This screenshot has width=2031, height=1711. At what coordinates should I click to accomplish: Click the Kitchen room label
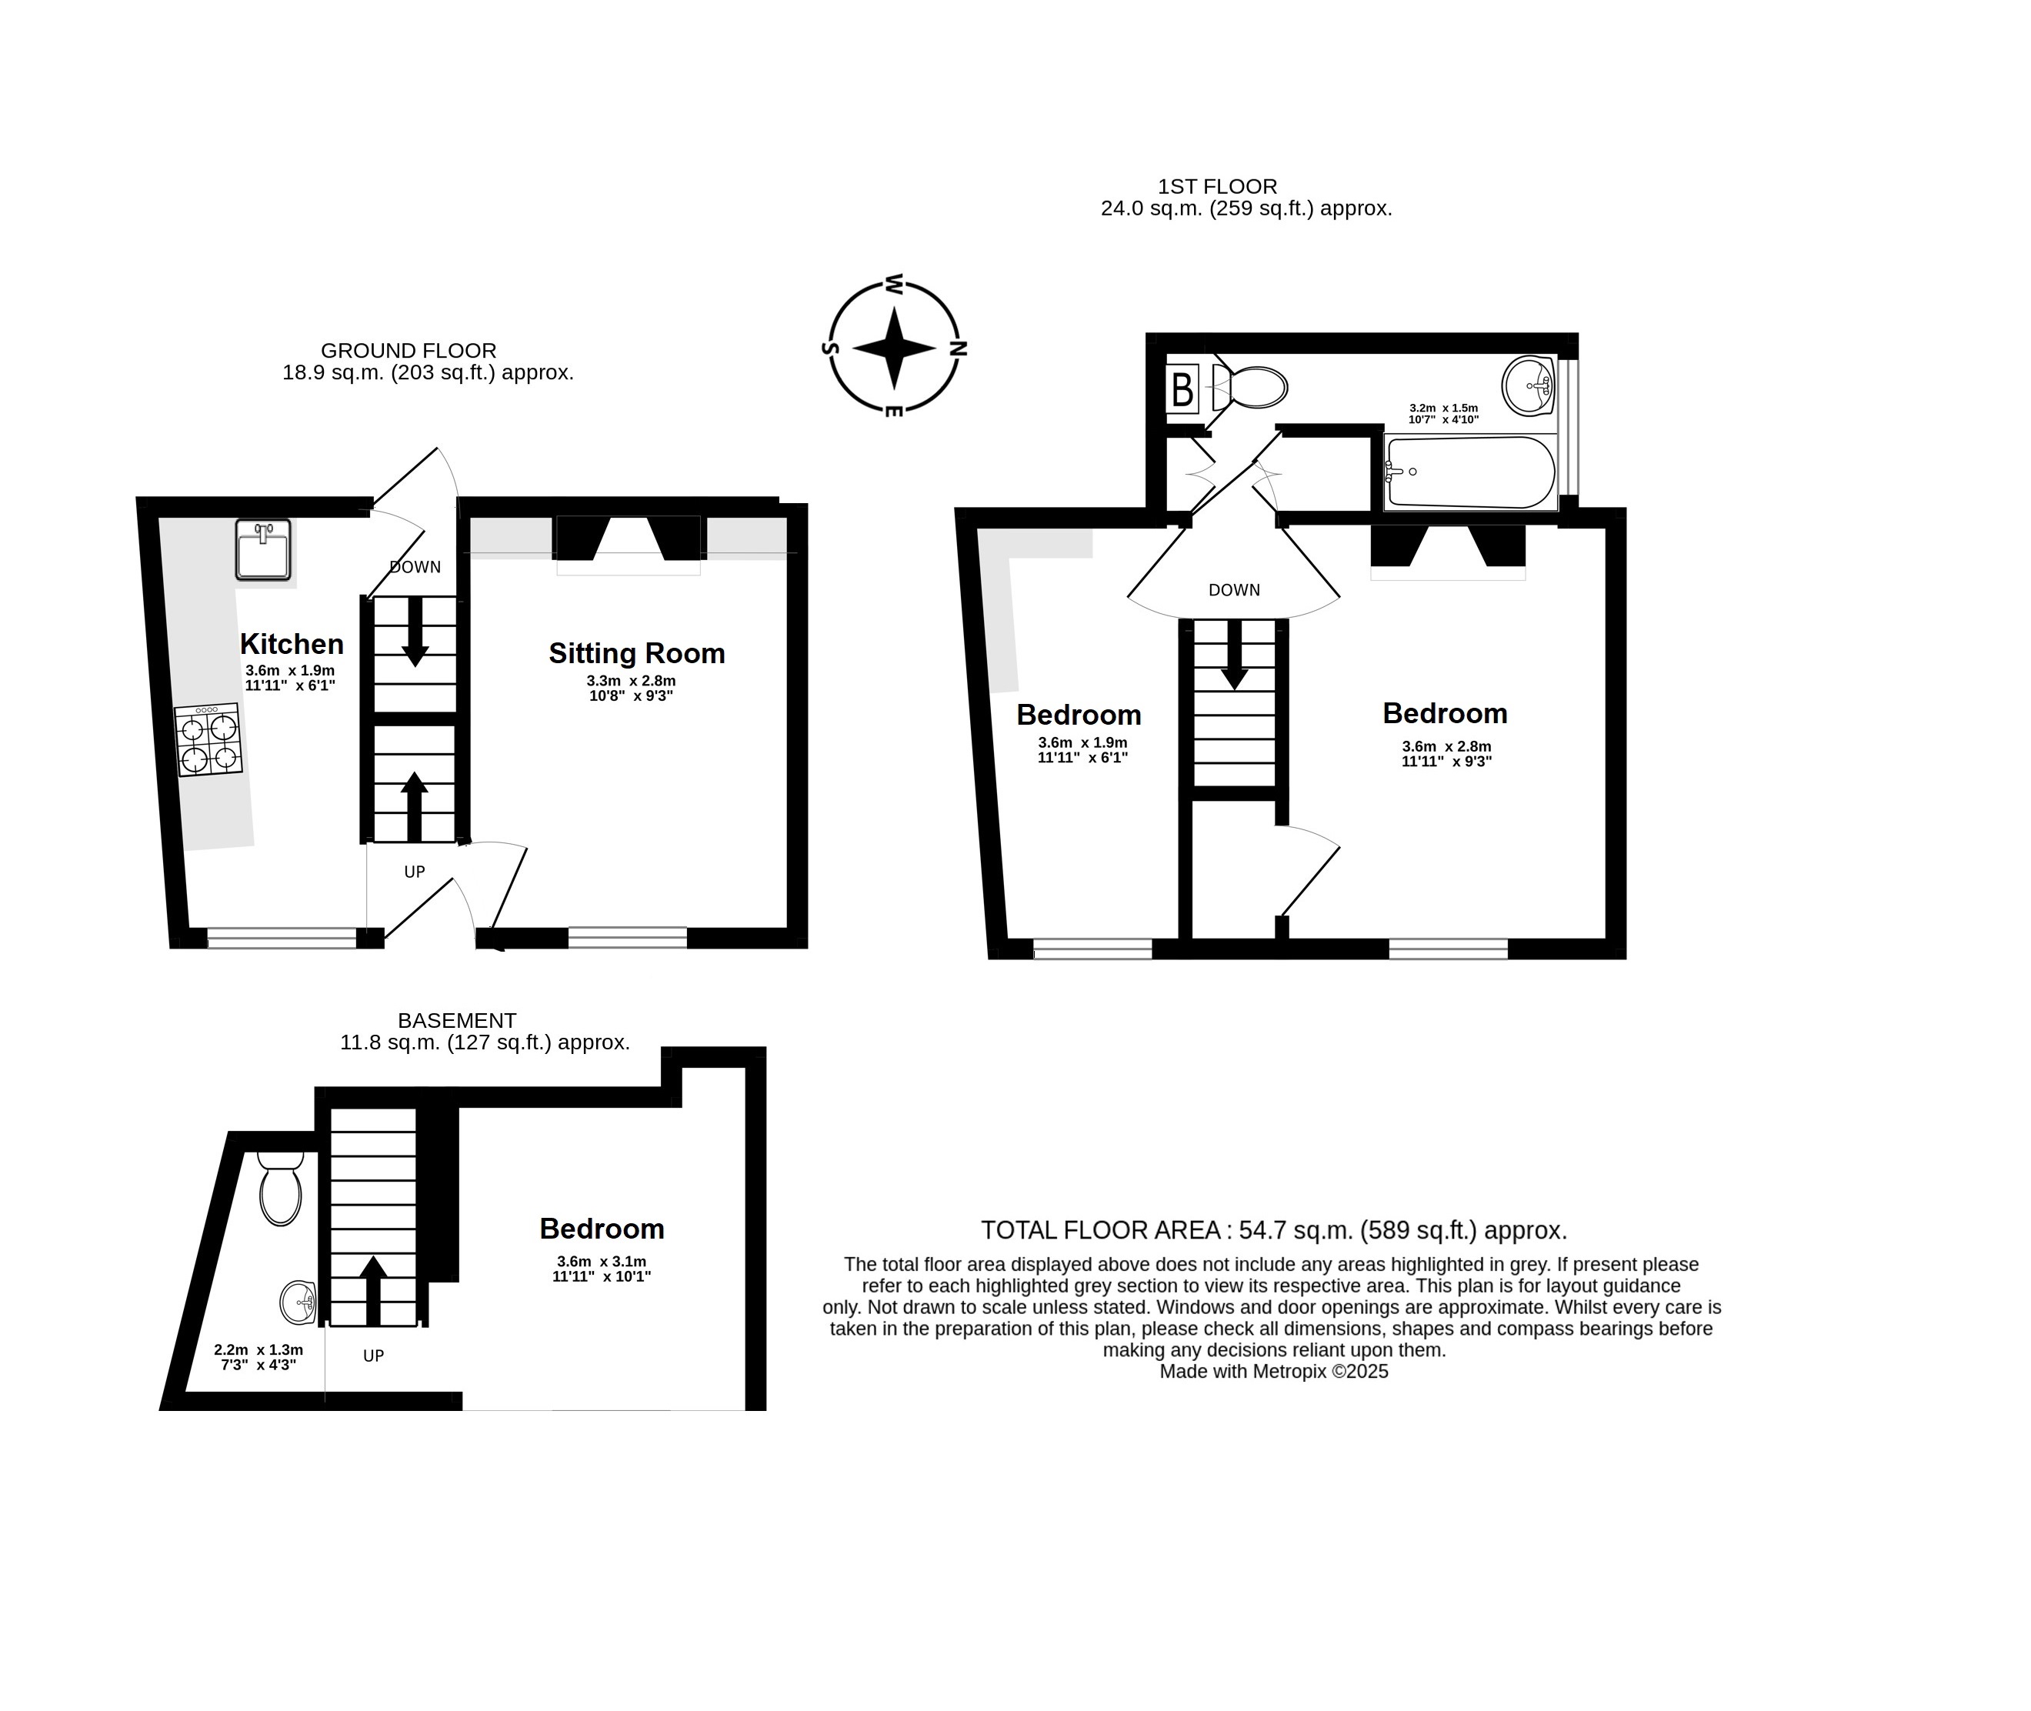(x=292, y=644)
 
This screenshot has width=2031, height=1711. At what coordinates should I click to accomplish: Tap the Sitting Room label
(x=637, y=654)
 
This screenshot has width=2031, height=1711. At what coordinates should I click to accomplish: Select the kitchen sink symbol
(x=263, y=549)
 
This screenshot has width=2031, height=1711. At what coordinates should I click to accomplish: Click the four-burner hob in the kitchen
(x=208, y=739)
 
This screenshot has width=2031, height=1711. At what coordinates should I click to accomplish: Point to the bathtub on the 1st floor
(x=1470, y=472)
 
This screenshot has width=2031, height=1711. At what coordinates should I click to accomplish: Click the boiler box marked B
(x=1182, y=390)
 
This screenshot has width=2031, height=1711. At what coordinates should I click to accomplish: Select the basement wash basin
(x=298, y=1302)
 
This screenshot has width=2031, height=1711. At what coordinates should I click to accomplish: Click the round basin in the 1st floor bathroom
(x=1529, y=385)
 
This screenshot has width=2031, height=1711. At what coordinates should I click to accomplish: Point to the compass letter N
(x=959, y=349)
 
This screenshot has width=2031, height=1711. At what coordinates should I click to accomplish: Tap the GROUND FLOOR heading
(x=409, y=350)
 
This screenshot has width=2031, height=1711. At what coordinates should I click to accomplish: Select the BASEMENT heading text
(x=457, y=1020)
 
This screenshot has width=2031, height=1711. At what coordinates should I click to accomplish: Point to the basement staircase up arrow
(x=373, y=1290)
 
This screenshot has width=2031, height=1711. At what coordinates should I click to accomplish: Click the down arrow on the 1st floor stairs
(x=1234, y=655)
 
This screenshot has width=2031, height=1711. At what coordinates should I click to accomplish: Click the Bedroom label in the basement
(x=602, y=1229)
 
